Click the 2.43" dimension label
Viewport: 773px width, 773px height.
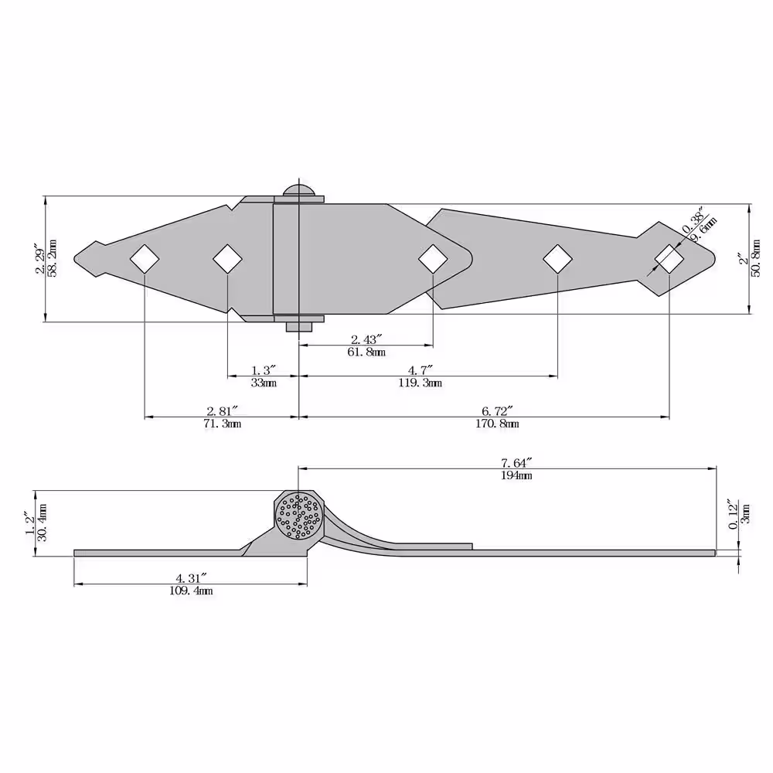point(366,339)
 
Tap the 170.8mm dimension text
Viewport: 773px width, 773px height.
point(497,424)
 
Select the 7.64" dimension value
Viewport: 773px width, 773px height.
point(516,462)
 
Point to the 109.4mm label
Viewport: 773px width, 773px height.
point(191,591)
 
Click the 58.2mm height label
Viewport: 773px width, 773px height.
point(53,258)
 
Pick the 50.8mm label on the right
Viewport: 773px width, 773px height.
point(756,259)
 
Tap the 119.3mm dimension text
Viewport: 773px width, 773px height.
point(420,383)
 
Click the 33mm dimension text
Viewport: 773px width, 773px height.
point(264,383)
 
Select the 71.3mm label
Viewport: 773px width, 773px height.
point(223,424)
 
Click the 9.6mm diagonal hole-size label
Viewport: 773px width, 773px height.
point(703,230)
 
